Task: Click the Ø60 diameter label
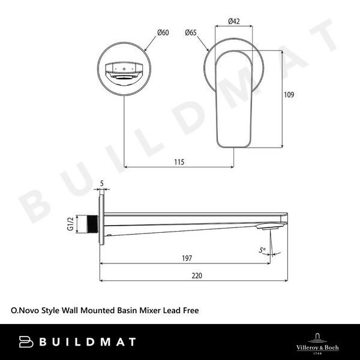[x=163, y=32]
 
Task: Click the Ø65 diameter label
[x=192, y=32]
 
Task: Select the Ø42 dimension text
[x=235, y=22]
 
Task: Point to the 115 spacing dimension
[x=178, y=162]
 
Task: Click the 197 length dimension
[x=186, y=259]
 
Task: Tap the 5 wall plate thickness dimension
[x=103, y=184]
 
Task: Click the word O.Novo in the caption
[x=25, y=311]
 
